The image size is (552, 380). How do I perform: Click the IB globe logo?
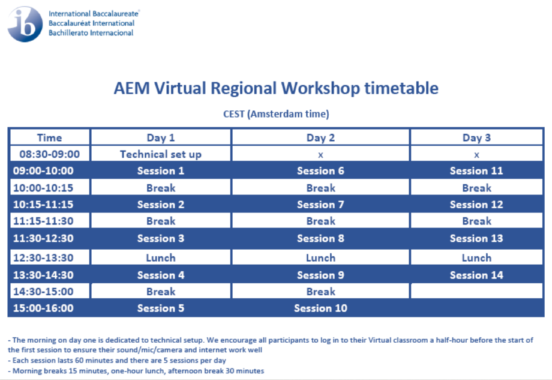click(25, 24)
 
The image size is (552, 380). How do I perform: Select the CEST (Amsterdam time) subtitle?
click(276, 114)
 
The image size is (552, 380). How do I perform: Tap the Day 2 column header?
click(320, 137)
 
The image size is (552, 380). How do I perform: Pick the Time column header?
click(49, 137)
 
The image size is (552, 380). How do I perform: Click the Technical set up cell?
click(161, 154)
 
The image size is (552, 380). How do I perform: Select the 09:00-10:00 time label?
click(43, 171)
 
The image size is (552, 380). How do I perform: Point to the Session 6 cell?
click(320, 171)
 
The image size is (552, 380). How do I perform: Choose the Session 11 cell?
click(476, 171)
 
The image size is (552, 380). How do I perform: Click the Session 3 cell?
click(161, 238)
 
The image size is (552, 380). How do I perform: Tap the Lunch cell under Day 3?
click(476, 258)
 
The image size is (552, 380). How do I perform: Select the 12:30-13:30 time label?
click(43, 258)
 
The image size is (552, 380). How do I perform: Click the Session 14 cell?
click(476, 275)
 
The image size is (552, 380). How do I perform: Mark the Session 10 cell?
click(320, 308)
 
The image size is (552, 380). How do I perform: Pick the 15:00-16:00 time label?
click(43, 308)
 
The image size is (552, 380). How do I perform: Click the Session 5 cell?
click(161, 308)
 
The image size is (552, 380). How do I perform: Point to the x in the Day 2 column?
click(320, 155)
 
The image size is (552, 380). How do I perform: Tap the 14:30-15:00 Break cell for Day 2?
click(321, 292)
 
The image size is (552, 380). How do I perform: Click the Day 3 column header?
click(476, 137)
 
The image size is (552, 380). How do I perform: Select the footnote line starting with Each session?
click(117, 360)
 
